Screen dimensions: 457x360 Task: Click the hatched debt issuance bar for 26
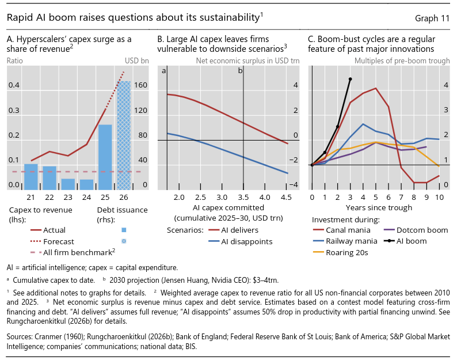[x=124, y=135]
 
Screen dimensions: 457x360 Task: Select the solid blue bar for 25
[x=105, y=157]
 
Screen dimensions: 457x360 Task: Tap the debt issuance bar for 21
[x=31, y=177]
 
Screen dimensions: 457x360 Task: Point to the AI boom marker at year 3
[x=351, y=79]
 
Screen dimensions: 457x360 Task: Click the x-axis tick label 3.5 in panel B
[x=243, y=198]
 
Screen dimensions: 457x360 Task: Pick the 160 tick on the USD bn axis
[x=140, y=85]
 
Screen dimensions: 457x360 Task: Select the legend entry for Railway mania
[x=345, y=241]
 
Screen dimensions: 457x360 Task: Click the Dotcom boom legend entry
[x=416, y=230]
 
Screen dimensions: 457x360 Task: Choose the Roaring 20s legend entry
[x=340, y=253]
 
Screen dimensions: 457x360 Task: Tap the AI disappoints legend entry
[x=241, y=241]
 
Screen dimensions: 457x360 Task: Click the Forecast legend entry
[x=52, y=241]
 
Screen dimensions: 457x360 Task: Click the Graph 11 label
[x=432, y=18]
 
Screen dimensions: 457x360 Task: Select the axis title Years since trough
[x=379, y=208]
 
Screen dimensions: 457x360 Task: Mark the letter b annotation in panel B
[x=240, y=71]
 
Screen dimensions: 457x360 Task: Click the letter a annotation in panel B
[x=164, y=71]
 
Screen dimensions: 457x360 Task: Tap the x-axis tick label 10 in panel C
[x=439, y=198]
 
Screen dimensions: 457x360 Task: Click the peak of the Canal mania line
[x=376, y=88]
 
